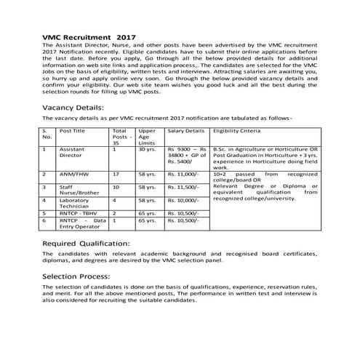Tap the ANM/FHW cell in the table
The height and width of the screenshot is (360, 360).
click(x=72, y=175)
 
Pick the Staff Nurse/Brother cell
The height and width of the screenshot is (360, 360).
click(x=76, y=191)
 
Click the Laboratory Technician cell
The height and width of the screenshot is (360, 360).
click(x=76, y=203)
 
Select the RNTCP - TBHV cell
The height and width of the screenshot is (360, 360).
click(x=76, y=213)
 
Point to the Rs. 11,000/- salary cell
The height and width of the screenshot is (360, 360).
click(x=183, y=175)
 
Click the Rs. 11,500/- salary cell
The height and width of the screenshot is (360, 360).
click(x=183, y=187)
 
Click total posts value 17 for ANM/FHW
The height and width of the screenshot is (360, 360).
click(x=116, y=175)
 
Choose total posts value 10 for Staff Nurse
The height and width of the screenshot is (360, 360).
click(x=116, y=187)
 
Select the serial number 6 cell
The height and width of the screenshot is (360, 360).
click(x=45, y=220)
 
